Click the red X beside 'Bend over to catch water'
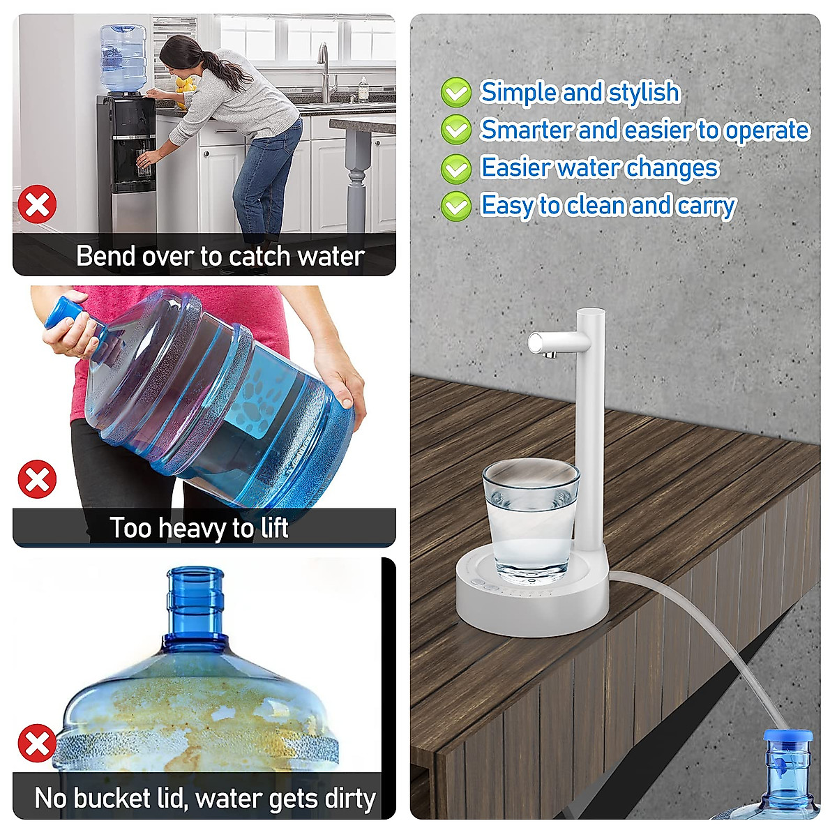pyautogui.click(x=37, y=204)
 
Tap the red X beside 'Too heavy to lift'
pyautogui.click(x=37, y=479)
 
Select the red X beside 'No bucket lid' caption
pyautogui.click(x=37, y=743)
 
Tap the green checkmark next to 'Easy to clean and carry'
pyautogui.click(x=456, y=206)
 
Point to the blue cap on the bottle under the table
pyautogui.click(x=787, y=737)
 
